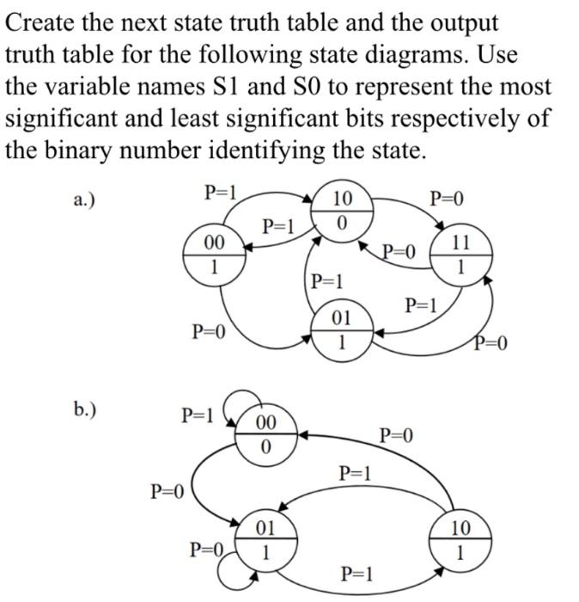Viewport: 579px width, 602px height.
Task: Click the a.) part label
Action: tap(84, 200)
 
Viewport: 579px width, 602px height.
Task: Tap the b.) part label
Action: tap(84, 408)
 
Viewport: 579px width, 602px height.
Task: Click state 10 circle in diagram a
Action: tap(341, 211)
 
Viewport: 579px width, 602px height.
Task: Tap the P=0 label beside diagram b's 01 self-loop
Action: tap(207, 550)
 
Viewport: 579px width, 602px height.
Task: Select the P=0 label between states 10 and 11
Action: tap(447, 200)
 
